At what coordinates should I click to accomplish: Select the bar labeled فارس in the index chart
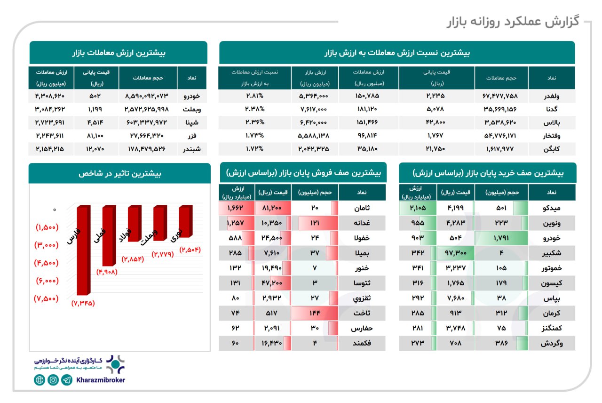point(84,250)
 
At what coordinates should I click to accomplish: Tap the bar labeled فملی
point(109,235)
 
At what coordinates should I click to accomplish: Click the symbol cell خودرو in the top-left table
point(191,96)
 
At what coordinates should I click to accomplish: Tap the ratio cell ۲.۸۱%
point(254,96)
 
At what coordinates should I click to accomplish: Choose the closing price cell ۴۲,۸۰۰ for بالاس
point(436,122)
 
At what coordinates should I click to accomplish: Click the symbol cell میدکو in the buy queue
point(551,208)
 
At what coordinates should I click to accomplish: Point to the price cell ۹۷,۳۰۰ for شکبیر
point(455,253)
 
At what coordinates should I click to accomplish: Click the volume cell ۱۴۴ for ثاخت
point(315,314)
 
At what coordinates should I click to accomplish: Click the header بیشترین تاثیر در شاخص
point(119,173)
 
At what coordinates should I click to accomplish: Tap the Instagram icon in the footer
point(53,380)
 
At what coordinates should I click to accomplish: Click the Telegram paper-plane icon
point(67,380)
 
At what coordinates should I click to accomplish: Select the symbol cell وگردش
point(551,343)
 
